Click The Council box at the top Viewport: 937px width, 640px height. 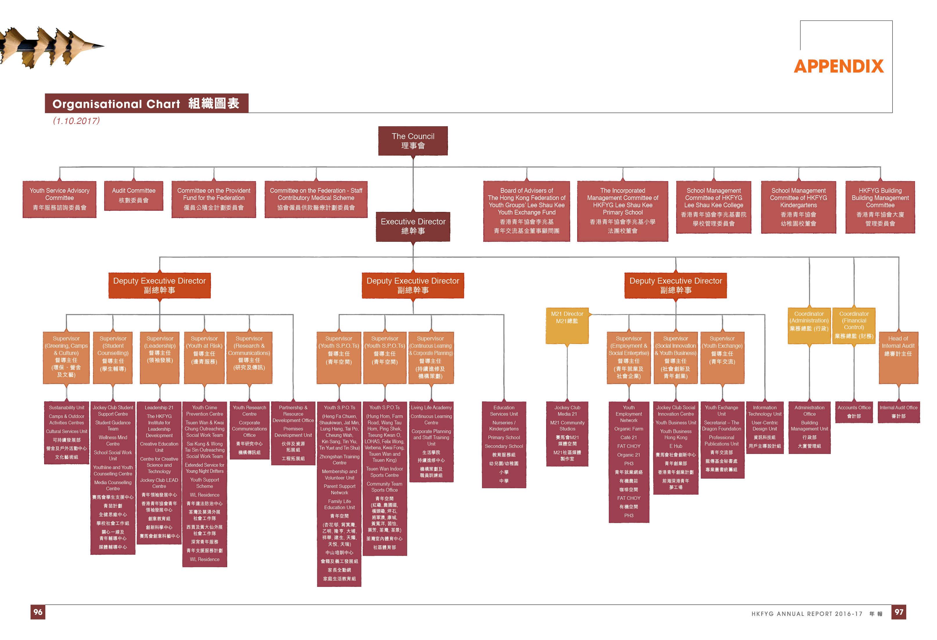coord(413,141)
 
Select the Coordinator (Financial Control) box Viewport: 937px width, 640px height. coord(853,325)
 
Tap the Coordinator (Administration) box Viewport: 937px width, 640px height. coord(809,325)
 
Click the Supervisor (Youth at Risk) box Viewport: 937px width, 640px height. coord(204,357)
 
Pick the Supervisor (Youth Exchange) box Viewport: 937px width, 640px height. coord(722,357)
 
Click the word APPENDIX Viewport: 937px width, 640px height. coord(839,66)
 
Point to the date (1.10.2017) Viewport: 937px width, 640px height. coord(76,121)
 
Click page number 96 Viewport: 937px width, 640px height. coord(38,612)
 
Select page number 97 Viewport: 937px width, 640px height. coord(899,612)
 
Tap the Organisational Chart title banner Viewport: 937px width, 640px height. coord(146,104)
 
